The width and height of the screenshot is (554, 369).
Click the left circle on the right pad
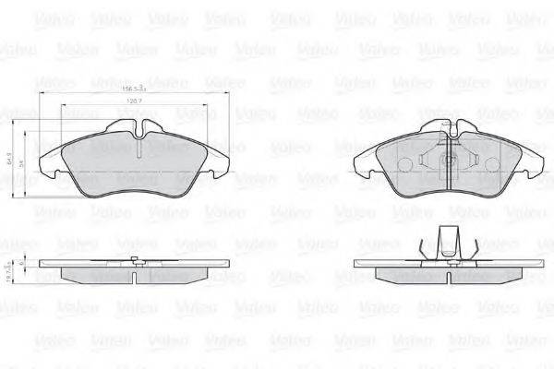tap(407, 162)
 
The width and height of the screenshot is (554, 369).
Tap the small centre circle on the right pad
tap(451, 158)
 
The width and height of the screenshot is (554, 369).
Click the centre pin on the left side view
tap(135, 260)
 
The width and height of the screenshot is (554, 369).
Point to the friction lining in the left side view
tap(135, 275)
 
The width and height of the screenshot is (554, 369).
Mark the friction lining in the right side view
tap(450, 275)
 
